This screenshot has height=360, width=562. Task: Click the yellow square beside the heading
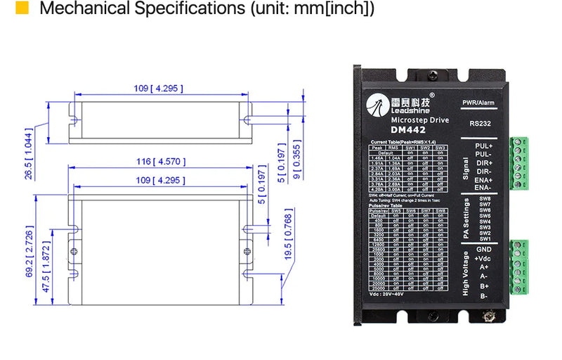pyautogui.click(x=22, y=9)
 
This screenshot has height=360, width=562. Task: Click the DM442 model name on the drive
pyautogui.click(x=409, y=129)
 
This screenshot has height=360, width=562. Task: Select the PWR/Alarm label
pyautogui.click(x=479, y=103)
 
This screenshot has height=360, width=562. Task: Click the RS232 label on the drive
pyautogui.click(x=481, y=123)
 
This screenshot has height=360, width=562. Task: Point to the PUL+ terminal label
pyautogui.click(x=485, y=146)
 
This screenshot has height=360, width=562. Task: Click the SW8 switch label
pyautogui.click(x=485, y=199)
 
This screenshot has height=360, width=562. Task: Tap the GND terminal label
pyautogui.click(x=484, y=249)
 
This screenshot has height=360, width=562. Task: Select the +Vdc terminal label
pyautogui.click(x=484, y=258)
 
